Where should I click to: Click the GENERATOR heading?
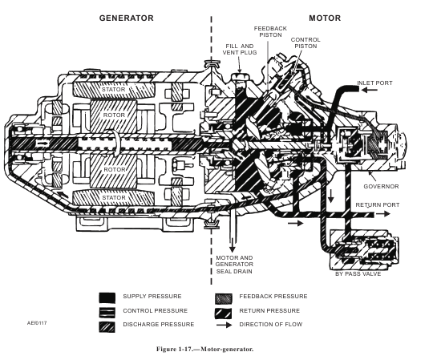pos(126,18)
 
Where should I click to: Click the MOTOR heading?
pos(325,18)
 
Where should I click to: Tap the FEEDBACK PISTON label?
pos(270,32)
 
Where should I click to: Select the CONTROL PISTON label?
pos(306,42)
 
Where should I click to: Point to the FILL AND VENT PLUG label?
pos(240,49)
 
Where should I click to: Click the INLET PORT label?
pos(374,83)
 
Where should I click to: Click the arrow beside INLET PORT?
pos(370,90)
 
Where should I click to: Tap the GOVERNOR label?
pos(381,186)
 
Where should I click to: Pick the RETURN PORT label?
pos(377,204)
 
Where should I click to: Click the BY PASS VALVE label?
pos(358,274)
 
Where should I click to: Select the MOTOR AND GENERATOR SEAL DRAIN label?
pos(234,265)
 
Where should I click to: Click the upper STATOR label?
pos(113,90)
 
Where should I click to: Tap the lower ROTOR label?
pos(115,169)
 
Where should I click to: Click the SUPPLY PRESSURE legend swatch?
pos(107,298)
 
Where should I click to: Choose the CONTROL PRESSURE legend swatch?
pos(107,312)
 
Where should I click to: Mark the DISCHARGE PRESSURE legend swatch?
pos(107,327)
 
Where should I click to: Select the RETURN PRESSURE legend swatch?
pos(224,313)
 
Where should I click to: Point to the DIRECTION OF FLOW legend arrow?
pos(224,325)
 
